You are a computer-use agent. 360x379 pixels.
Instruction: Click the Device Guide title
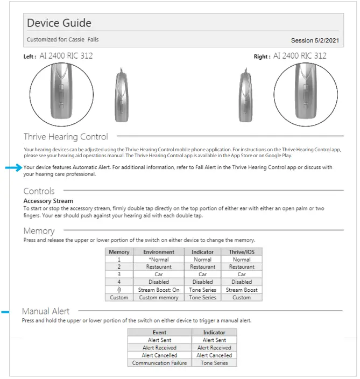59,23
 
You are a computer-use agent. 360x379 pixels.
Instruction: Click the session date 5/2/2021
315,40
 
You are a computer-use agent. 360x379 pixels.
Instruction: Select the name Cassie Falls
83,40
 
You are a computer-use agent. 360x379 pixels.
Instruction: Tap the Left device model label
66,56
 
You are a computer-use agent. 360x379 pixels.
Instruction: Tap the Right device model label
300,56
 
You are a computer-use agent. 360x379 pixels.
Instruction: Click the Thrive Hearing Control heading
66,137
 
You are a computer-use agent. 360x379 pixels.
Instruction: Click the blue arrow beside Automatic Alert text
13,168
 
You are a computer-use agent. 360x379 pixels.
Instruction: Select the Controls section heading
39,191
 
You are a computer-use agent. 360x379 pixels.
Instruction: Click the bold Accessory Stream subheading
48,201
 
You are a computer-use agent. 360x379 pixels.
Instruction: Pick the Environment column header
158,251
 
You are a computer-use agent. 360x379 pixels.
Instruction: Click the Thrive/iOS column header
241,251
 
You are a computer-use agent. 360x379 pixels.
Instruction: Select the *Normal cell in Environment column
158,259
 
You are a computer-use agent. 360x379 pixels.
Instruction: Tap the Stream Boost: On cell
158,290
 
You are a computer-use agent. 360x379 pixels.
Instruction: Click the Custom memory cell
158,297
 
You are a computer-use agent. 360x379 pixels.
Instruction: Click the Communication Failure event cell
159,363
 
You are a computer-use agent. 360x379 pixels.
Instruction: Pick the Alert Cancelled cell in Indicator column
214,355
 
